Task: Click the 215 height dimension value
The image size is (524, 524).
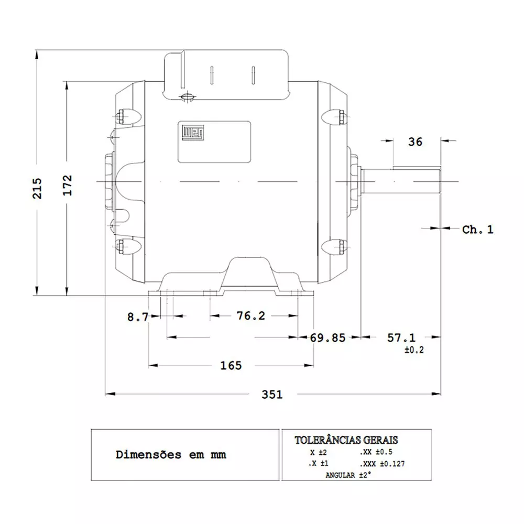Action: (37, 188)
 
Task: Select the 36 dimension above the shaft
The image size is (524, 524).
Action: (415, 142)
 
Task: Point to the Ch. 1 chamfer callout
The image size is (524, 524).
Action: (477, 230)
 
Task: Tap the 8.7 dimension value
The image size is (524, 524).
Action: (138, 316)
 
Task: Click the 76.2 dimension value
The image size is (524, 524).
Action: (250, 316)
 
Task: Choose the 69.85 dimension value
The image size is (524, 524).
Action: (327, 338)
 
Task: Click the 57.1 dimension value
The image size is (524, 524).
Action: (401, 338)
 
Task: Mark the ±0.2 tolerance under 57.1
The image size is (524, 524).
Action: (414, 350)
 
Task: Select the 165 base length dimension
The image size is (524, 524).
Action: (231, 365)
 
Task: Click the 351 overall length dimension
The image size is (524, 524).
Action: (272, 394)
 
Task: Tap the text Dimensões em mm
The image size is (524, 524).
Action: (171, 454)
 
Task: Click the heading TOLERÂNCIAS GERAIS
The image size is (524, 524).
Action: (346, 440)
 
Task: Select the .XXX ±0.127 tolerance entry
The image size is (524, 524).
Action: (382, 464)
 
